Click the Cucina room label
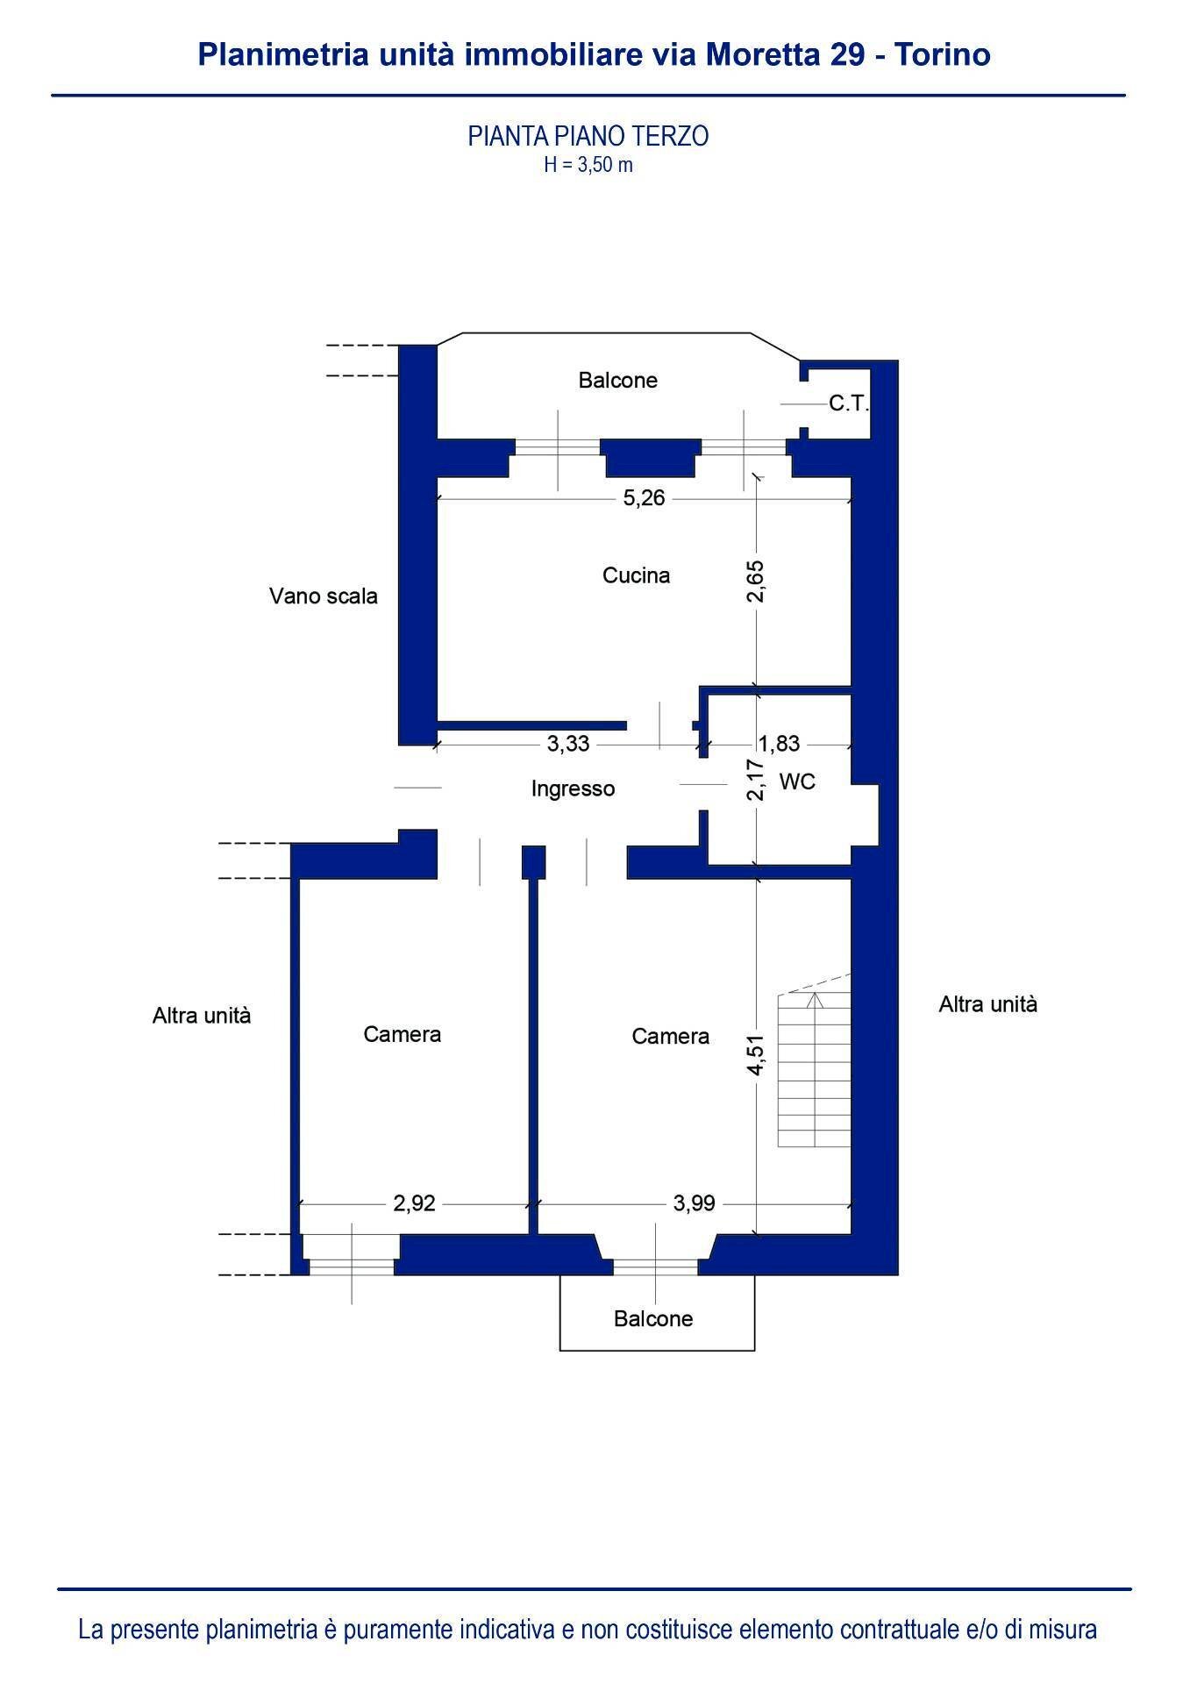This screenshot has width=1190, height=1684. (636, 575)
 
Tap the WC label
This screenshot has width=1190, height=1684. (797, 781)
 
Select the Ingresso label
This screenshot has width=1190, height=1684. (573, 788)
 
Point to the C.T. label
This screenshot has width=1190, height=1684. (848, 404)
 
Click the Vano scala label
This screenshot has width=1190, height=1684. (323, 596)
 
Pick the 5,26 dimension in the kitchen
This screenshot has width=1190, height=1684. (644, 498)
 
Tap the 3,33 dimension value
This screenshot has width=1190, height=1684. (568, 744)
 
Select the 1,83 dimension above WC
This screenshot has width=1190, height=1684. (779, 744)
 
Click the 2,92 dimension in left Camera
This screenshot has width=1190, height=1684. (414, 1203)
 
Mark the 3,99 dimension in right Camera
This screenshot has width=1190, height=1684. (694, 1203)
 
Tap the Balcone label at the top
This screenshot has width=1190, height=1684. (617, 381)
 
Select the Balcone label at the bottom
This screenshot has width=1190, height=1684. (653, 1319)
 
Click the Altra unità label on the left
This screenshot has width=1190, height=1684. (202, 1016)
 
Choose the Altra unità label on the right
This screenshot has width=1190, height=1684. (987, 1004)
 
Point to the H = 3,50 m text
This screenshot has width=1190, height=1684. (588, 164)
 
